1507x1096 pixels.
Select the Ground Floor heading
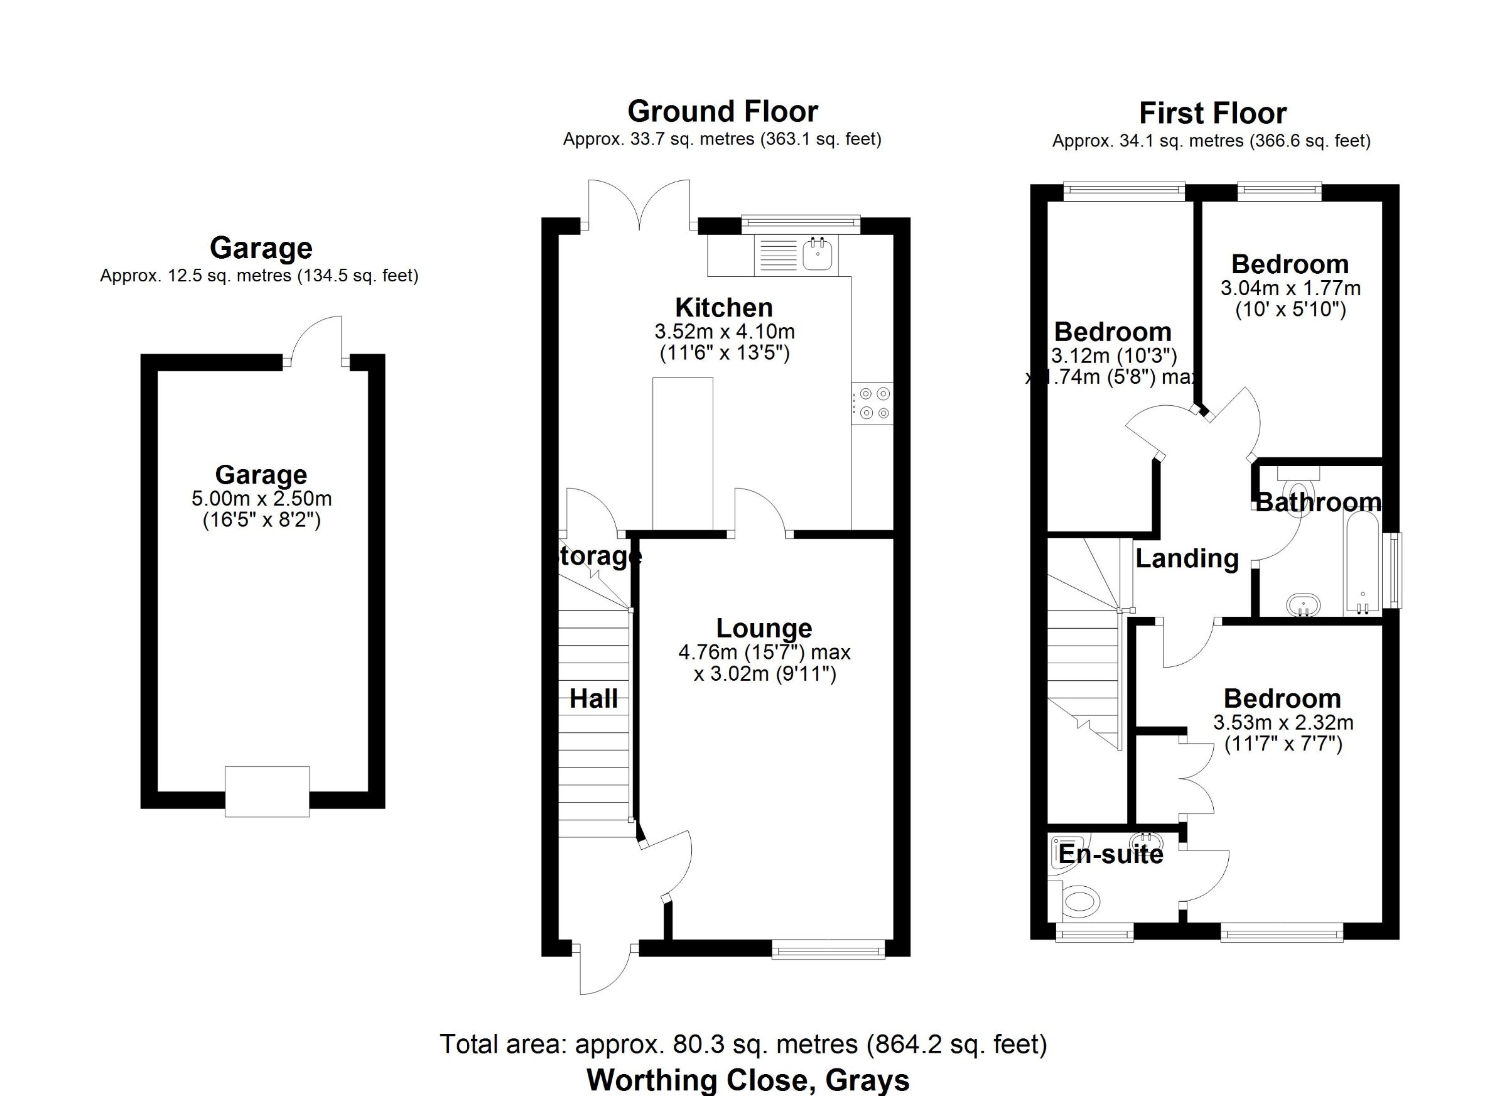722,111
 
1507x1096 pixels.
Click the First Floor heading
1213,113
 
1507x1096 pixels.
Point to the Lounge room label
764,628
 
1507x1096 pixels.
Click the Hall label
593,698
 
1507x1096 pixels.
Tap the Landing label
1187,559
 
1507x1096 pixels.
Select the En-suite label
1110,854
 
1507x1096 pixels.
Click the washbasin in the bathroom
1303,604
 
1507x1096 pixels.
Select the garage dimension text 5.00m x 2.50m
261,499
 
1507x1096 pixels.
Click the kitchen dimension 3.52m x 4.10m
724,331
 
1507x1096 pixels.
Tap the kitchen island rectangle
683,454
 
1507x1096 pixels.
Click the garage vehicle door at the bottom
267,791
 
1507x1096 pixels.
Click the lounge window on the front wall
828,949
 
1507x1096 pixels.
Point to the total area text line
743,1044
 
